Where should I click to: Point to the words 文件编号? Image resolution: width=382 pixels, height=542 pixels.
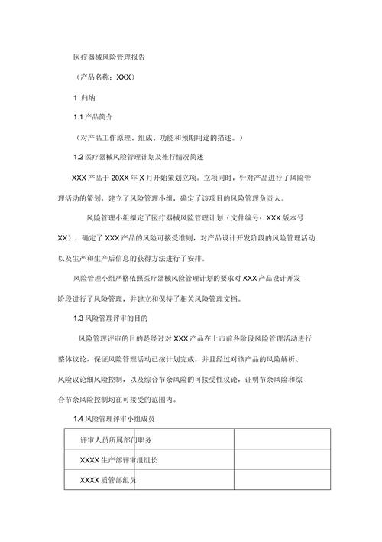(243, 217)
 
